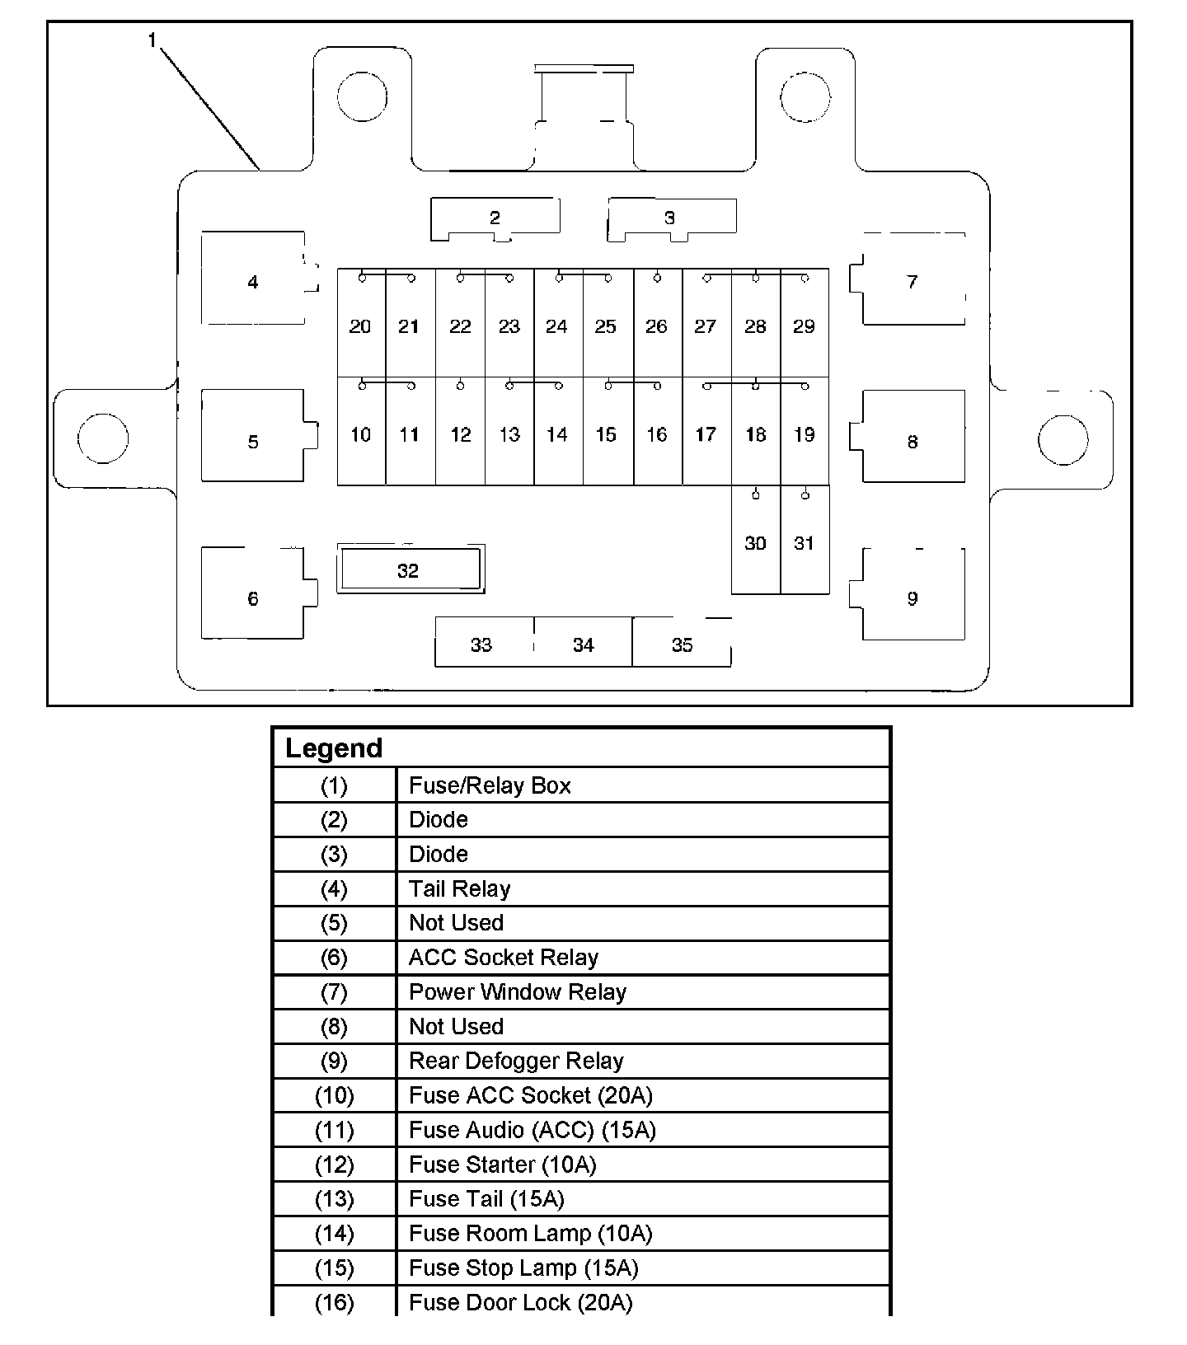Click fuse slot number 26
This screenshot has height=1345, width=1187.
pos(657,326)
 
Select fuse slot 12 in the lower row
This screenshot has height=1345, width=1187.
pos(460,434)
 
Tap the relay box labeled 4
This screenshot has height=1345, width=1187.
pos(253,281)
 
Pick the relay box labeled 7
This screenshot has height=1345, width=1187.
pos(913,281)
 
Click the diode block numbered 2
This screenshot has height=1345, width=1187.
pos(495,218)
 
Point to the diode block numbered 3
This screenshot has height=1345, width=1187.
pos(670,218)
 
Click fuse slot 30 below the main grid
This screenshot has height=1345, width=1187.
pos(755,542)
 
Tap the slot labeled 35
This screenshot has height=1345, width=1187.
pos(682,644)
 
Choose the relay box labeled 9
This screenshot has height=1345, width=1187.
pos(913,598)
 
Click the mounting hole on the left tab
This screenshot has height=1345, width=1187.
pos(103,438)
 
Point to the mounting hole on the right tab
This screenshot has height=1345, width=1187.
pos(1063,439)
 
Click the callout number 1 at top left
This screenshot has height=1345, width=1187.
pos(152,40)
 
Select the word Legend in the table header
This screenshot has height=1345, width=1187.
pos(334,748)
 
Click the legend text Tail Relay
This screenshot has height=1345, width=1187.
pos(460,888)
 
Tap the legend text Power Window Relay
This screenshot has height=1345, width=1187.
pos(518,991)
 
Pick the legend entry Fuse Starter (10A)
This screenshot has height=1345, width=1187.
pos(502,1165)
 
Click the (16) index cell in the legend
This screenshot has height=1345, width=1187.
pos(334,1303)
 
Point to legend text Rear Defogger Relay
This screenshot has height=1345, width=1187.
pos(516,1061)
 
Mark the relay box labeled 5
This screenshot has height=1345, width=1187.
pos(253,441)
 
